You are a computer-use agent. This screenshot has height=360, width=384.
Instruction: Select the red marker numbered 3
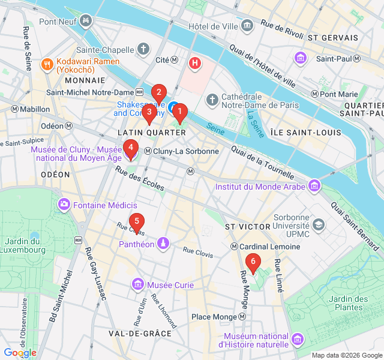pos(149,112)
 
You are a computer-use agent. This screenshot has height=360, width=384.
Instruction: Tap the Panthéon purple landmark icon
pos(162,244)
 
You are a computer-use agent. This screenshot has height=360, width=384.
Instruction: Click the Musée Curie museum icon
pos(139,284)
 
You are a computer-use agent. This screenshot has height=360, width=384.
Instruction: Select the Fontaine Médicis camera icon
pos(64,205)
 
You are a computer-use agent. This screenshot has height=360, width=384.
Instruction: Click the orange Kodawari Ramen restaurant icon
pos(47,64)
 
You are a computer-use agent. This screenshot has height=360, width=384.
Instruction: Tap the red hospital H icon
pos(194,62)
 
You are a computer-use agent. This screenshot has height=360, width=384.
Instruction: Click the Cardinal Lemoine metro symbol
pos(234,247)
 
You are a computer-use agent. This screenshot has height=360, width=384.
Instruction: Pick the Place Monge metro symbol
pos(242,317)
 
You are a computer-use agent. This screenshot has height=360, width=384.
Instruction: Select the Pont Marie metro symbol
pos(314,94)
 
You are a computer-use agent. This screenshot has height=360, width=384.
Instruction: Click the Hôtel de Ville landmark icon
pos(247,25)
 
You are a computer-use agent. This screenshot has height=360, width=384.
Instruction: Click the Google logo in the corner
pos(20,353)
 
